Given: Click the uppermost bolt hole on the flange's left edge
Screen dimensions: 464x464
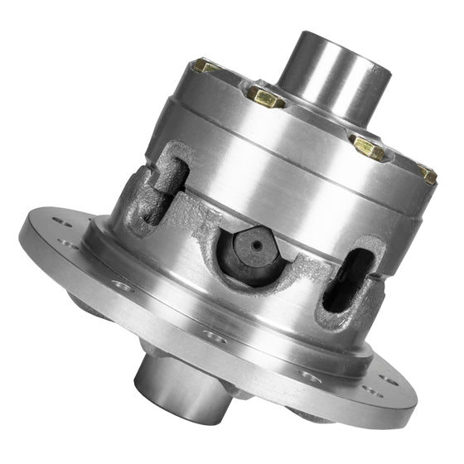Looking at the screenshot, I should (59, 221).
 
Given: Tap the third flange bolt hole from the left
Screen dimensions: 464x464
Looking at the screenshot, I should (123, 287).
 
